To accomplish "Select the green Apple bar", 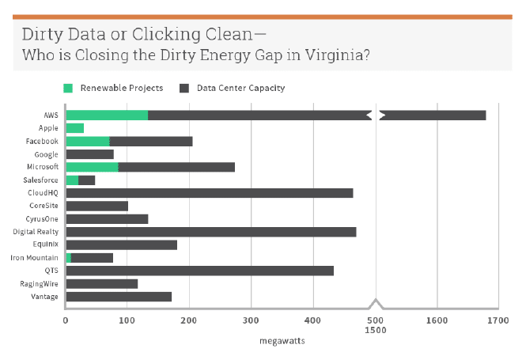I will pyautogui.click(x=75, y=128).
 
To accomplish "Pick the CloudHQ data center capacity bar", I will pyautogui.click(x=210, y=193).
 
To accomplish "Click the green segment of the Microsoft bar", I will pyautogui.click(x=92, y=167).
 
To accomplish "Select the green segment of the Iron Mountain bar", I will pyautogui.click(x=69, y=258).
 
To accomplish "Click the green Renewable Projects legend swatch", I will pyautogui.click(x=69, y=88).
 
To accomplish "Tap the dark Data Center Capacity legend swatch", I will pyautogui.click(x=185, y=88).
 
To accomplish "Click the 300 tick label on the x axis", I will pyautogui.click(x=251, y=320).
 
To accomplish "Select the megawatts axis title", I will pyautogui.click(x=282, y=341).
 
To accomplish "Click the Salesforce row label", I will pyautogui.click(x=41, y=180).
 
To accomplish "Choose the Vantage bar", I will pyautogui.click(x=119, y=297).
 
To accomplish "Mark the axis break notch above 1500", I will pyautogui.click(x=376, y=303).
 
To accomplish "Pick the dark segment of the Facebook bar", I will pyautogui.click(x=151, y=142).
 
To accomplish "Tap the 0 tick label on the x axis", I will pyautogui.click(x=66, y=320).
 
